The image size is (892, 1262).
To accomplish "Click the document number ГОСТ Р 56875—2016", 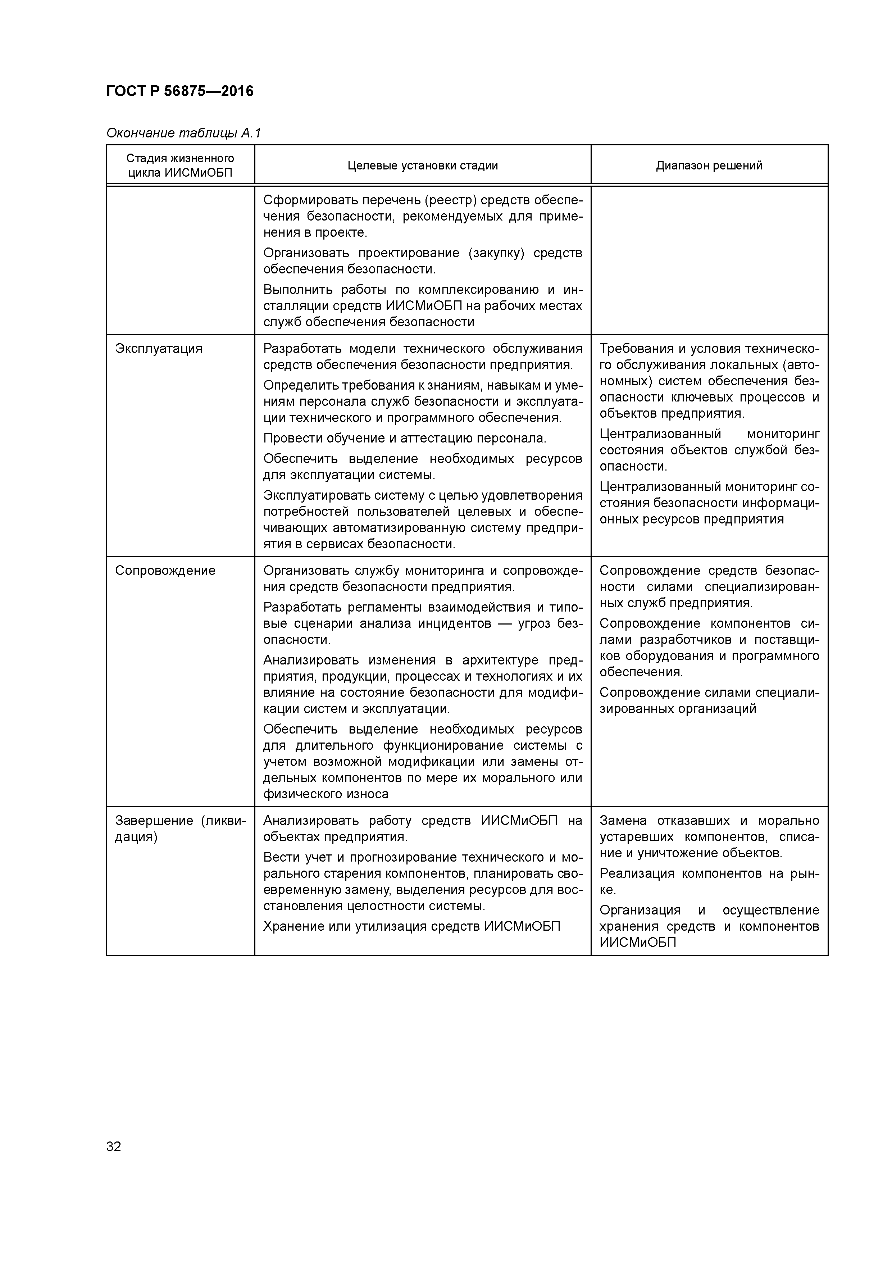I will click(x=180, y=91).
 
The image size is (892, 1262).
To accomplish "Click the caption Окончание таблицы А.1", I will click(x=183, y=133).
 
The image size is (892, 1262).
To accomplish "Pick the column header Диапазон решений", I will click(x=709, y=165).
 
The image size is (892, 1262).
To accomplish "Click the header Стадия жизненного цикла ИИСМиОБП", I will click(x=180, y=165).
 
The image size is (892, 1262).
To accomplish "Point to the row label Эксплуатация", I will click(x=159, y=349).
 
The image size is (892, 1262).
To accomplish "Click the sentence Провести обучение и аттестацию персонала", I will click(x=405, y=438).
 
